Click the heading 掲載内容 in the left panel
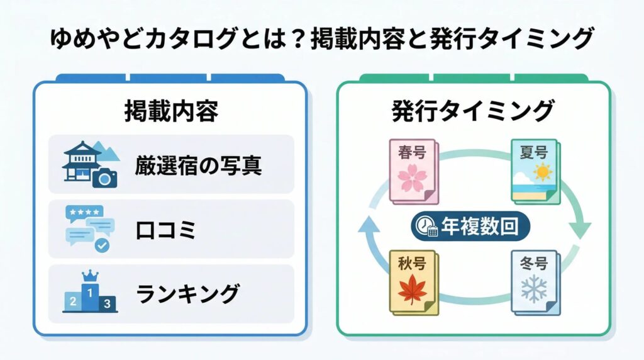tap(170, 111)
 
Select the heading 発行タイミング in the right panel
tap(473, 111)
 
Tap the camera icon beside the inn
tap(104, 178)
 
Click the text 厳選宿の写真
tap(198, 166)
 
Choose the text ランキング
tap(187, 294)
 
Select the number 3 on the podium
tap(108, 304)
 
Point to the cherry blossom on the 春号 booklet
tap(412, 178)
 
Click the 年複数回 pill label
tap(471, 227)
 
